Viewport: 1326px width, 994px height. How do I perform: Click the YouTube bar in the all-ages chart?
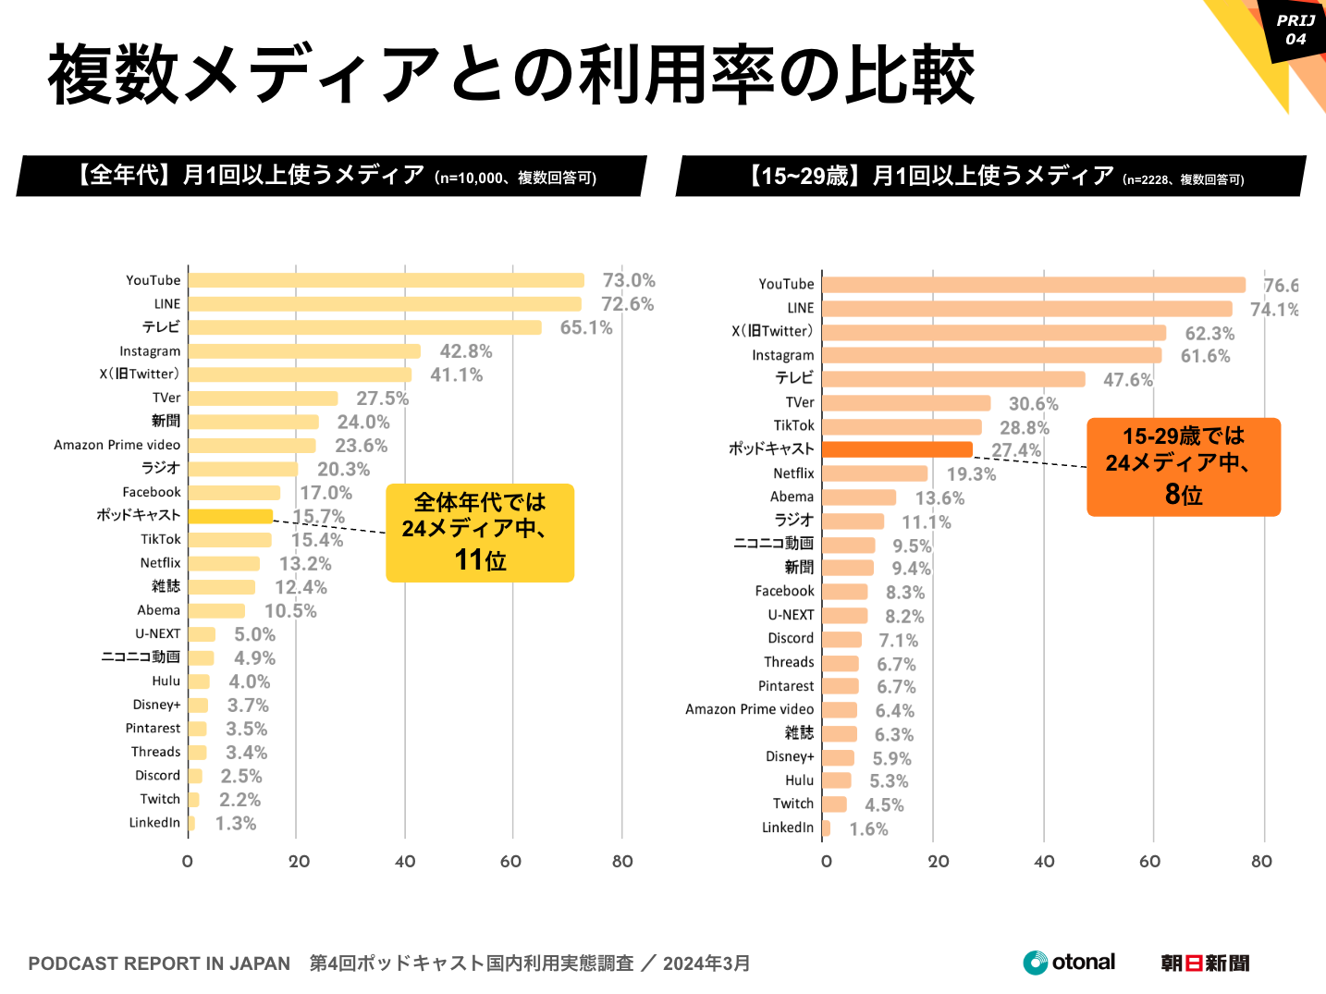pos(386,280)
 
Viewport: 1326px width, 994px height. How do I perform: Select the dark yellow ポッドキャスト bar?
pos(230,516)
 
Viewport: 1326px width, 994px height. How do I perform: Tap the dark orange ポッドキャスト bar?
pos(897,449)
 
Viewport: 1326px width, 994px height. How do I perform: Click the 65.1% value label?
pos(586,327)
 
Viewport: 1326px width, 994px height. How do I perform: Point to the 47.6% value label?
pos(1128,380)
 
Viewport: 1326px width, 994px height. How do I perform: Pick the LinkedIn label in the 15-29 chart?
pos(788,828)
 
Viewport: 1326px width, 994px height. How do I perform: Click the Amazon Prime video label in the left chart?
pos(117,445)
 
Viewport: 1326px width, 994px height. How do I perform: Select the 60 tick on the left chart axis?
pos(510,862)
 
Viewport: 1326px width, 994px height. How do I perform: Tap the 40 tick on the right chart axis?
pos(1044,862)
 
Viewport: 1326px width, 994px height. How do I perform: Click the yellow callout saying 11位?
pos(480,533)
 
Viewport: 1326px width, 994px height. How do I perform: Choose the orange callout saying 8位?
pos(1184,467)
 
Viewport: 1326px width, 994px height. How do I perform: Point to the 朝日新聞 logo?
pos(1205,963)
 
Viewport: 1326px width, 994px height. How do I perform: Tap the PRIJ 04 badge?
pos(1295,30)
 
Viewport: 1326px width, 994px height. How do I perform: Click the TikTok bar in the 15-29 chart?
pos(902,426)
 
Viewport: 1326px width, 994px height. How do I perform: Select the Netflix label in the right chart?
pos(793,473)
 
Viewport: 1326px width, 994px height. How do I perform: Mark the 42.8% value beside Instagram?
pos(466,351)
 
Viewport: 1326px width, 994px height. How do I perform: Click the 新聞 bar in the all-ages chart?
pos(253,422)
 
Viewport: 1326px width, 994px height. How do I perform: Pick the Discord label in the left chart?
pos(157,776)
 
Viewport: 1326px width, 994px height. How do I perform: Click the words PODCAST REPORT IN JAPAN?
pos(159,963)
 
